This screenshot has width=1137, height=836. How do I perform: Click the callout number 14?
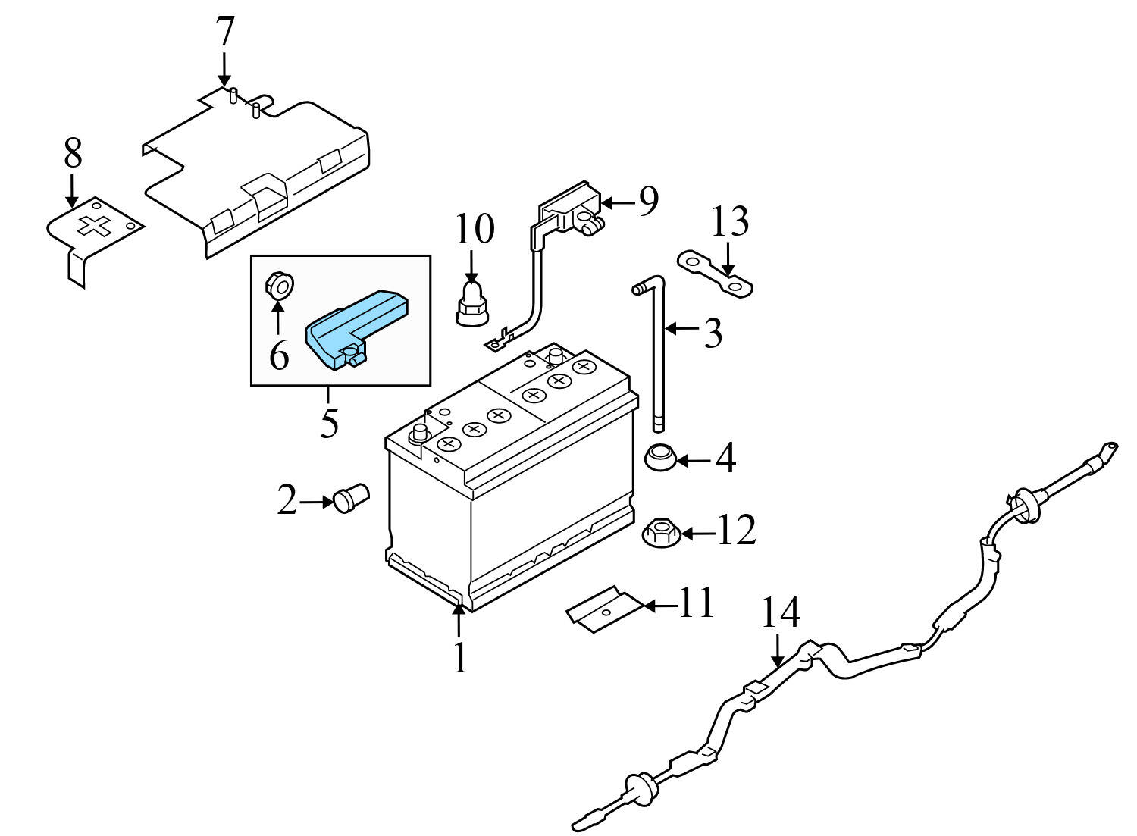(x=780, y=613)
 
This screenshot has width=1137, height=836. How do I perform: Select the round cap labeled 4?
(x=659, y=457)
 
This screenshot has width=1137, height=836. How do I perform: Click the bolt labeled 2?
(x=349, y=499)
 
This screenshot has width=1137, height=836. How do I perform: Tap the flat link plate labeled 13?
(x=715, y=274)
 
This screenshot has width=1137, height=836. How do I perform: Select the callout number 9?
(x=648, y=201)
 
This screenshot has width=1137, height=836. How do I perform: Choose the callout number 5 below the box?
(x=329, y=422)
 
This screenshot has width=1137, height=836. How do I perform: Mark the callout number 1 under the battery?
(x=460, y=658)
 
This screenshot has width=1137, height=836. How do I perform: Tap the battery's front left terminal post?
(x=418, y=434)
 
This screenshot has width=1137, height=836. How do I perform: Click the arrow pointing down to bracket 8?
(x=72, y=189)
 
